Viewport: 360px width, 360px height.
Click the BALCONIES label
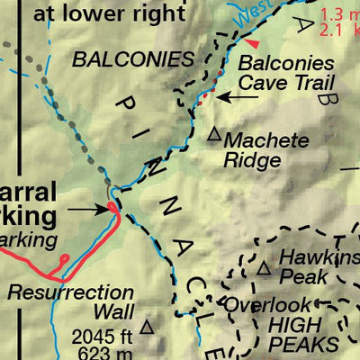tap(133, 59)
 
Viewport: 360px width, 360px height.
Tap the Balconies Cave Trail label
tap(288, 73)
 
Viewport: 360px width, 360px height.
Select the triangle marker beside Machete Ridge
tap(214, 135)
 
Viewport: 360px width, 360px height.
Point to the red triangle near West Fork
tap(256, 43)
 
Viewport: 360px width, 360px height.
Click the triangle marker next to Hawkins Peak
tap(264, 268)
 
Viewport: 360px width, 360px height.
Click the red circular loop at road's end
tap(63, 260)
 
